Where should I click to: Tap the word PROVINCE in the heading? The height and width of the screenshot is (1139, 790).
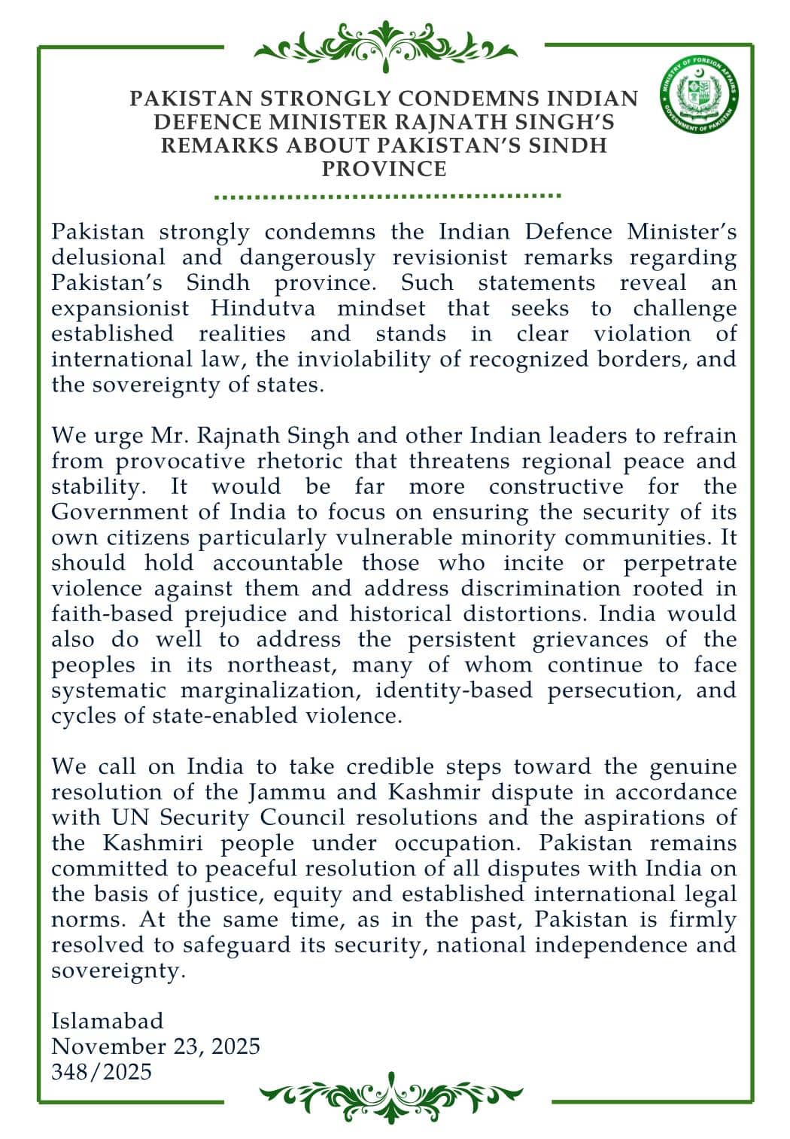point(384,169)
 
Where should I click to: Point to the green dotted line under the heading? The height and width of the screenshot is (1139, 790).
point(387,196)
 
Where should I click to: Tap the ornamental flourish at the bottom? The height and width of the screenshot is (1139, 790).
point(390,1096)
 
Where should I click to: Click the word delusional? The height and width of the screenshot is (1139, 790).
point(108,257)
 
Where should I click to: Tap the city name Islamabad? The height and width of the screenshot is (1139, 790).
point(107,1021)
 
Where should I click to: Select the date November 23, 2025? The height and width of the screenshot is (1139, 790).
point(156,1046)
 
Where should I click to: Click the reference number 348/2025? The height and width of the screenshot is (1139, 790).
point(102,1071)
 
